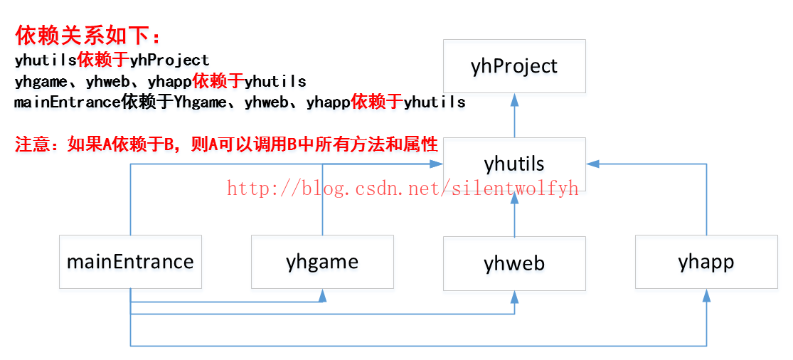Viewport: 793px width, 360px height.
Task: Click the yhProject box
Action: coord(514,66)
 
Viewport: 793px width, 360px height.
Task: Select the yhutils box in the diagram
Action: coord(514,164)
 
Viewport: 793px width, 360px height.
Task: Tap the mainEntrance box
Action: coord(130,261)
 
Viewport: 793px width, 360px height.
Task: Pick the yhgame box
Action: coord(322,262)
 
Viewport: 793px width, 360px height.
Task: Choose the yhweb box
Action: coord(514,263)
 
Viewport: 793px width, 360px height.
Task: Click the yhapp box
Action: coord(706,262)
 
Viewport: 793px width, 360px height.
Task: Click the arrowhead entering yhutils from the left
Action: coord(437,164)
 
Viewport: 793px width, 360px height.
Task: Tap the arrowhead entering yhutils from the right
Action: coord(593,164)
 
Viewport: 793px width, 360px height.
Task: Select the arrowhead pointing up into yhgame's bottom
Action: coord(322,295)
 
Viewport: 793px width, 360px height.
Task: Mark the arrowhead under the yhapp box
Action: coord(706,296)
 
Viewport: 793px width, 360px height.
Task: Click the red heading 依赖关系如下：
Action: coord(88,36)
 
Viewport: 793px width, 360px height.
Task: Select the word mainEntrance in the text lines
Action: coord(67,102)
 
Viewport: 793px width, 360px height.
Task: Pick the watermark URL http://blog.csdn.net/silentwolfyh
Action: coord(403,188)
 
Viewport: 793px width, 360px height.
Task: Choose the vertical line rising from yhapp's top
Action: coord(706,206)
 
